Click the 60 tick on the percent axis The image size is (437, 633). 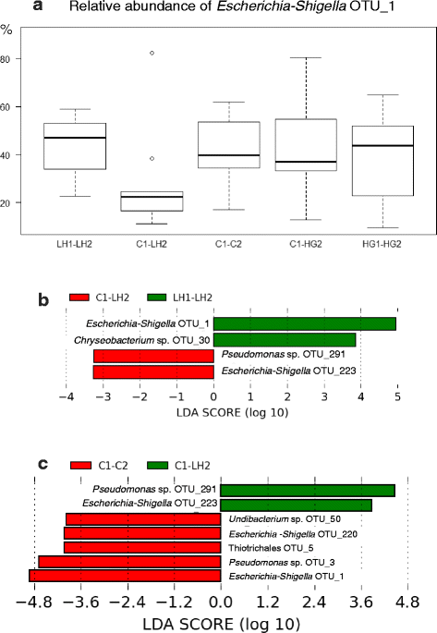pyautogui.click(x=10, y=107)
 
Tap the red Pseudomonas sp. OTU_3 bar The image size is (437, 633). pyautogui.click(x=128, y=561)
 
